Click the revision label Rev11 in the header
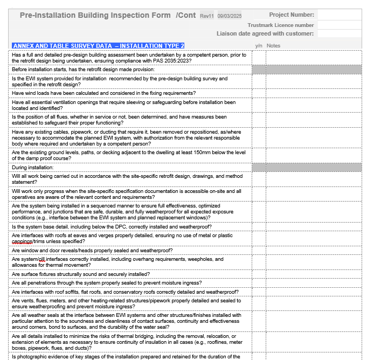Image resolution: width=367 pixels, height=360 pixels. (207, 16)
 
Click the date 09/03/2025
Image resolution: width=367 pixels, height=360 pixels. (229, 16)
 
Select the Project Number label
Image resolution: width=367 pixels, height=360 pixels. (291, 15)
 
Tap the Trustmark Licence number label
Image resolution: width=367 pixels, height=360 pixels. (281, 25)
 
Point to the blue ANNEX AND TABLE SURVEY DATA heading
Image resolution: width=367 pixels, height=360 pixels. (98, 46)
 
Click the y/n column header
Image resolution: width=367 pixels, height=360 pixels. (259, 46)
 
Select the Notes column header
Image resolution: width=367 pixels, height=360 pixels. (273, 46)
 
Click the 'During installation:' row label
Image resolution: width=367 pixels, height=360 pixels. (33, 168)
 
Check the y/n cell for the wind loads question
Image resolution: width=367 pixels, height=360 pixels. (259, 93)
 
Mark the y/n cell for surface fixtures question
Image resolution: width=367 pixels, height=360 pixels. (259, 274)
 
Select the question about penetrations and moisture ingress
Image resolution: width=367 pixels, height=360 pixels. (107, 283)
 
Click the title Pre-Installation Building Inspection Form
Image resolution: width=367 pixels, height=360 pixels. (95, 15)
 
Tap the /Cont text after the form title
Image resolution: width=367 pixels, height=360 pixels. (186, 15)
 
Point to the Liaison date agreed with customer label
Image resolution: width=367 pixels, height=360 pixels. (265, 33)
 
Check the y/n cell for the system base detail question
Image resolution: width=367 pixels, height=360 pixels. (259, 227)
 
